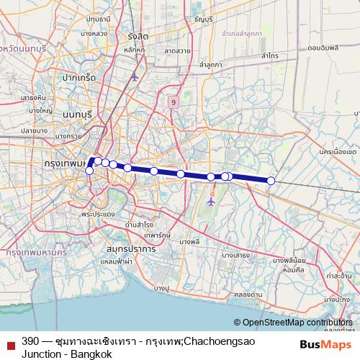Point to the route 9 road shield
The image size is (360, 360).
174,104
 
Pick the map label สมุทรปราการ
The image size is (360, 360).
130,248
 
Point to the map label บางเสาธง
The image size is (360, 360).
236,255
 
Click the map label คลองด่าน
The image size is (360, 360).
248,294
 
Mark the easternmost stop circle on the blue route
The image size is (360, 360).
271,181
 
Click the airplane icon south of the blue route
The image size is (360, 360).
210,202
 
